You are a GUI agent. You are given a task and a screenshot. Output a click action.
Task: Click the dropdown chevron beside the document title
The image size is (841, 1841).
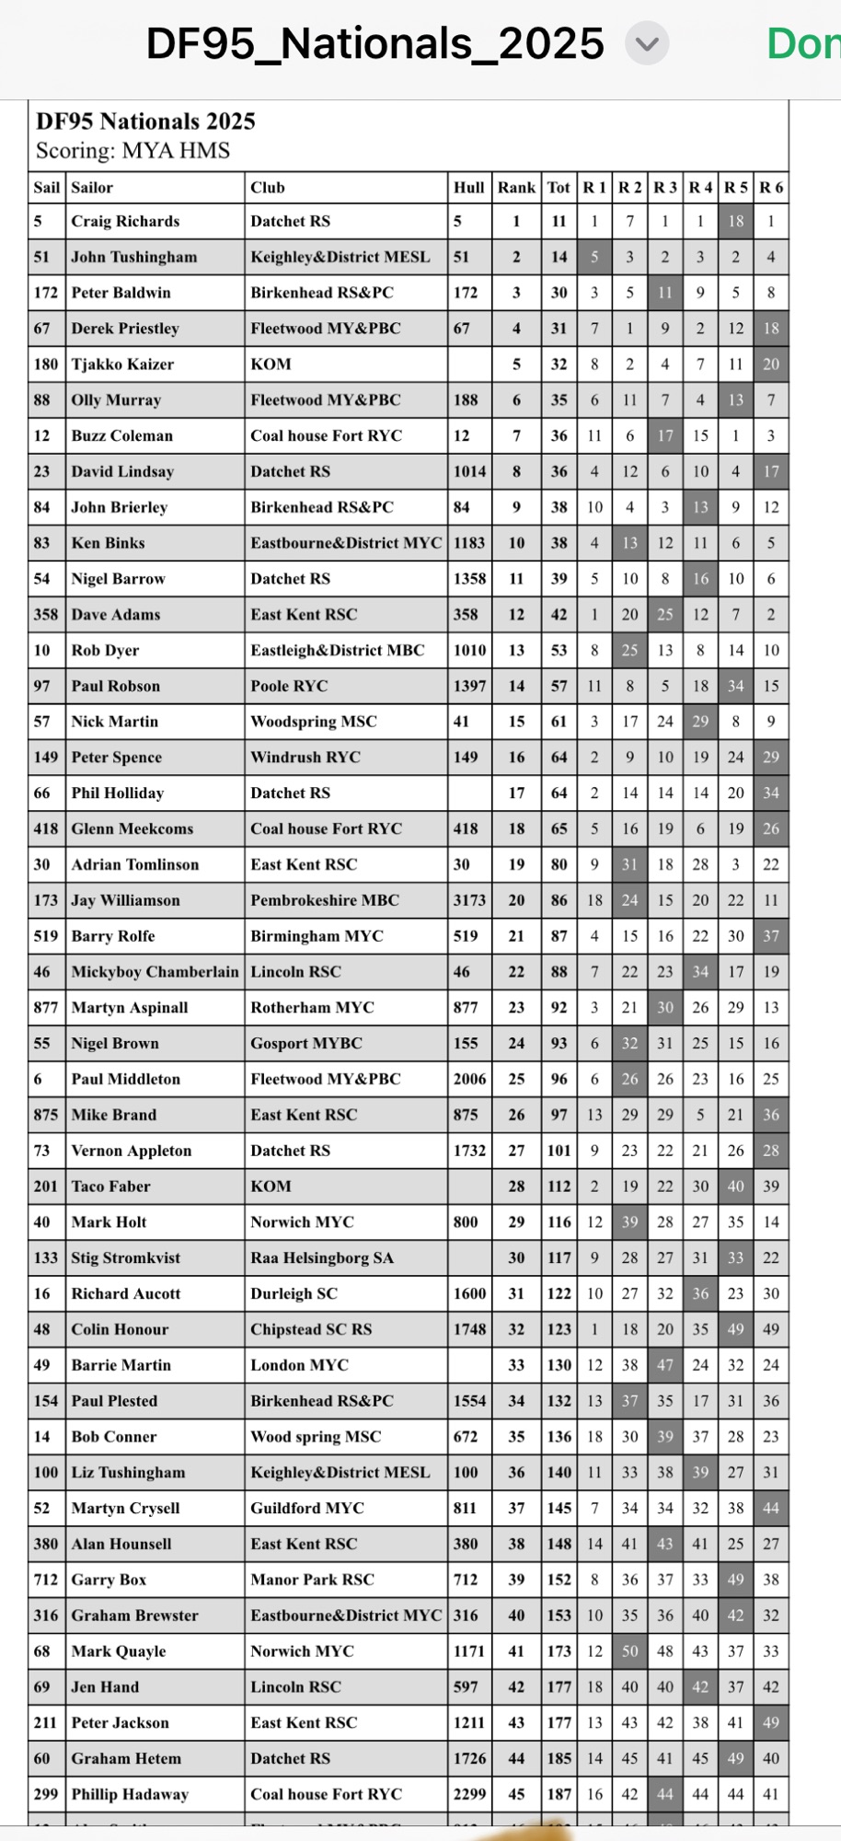pos(647,44)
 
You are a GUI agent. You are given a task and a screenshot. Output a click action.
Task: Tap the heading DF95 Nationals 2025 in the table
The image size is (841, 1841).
pos(145,122)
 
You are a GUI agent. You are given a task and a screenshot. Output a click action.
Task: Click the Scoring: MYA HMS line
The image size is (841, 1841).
pos(132,151)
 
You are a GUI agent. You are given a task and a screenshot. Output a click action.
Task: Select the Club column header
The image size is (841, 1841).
pos(268,188)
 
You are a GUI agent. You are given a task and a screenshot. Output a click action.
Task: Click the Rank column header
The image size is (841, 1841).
pos(516,188)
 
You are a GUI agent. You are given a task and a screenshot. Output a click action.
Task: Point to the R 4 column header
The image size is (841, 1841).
pos(700,188)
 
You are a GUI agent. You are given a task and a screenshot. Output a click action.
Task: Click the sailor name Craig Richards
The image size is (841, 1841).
pos(125,222)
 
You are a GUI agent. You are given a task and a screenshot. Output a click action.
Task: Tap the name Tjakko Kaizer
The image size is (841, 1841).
pos(122,365)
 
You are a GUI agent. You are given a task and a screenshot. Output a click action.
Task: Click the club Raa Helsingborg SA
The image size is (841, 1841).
pos(322,1258)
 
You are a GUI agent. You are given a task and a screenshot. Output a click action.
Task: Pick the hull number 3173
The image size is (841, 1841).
pos(469,900)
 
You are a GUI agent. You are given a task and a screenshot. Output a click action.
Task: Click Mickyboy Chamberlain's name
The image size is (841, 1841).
pos(155,972)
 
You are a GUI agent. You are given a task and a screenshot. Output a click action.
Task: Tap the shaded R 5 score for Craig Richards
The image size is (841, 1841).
pos(735,222)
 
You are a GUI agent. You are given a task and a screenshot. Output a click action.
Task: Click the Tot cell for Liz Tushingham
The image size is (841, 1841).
pos(559,1473)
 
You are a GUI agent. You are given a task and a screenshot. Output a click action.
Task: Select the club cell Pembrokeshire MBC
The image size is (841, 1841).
pos(325,900)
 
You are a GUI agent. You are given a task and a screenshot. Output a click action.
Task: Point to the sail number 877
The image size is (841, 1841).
pos(45,1008)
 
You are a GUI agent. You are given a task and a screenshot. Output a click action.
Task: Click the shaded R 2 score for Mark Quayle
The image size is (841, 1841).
pos(629,1651)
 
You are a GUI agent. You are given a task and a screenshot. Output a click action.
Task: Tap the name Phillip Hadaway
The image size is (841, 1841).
pos(130,1794)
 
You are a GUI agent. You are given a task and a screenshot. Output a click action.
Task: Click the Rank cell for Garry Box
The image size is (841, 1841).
pos(516,1580)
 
